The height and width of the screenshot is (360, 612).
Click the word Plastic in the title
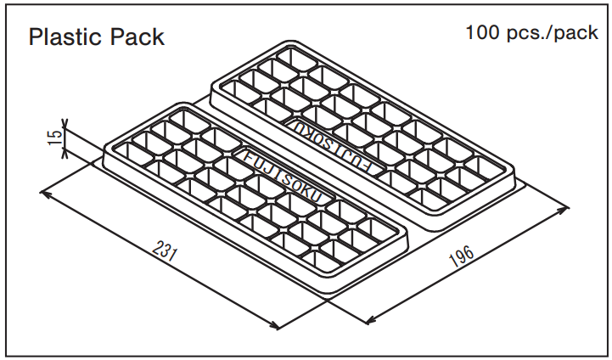pyautogui.click(x=66, y=37)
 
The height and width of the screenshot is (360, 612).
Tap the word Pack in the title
pyautogui.click(x=137, y=37)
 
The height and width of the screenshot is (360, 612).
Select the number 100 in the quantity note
pyautogui.click(x=483, y=32)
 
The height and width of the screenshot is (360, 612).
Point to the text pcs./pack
pyautogui.click(x=553, y=33)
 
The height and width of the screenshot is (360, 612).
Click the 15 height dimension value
pyautogui.click(x=54, y=138)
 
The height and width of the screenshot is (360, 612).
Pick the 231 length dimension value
pyautogui.click(x=165, y=250)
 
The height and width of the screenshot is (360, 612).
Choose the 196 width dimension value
pyautogui.click(x=462, y=256)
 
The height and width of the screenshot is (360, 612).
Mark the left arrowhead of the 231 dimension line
pyautogui.click(x=45, y=194)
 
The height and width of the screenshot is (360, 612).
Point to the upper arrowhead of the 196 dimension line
pyautogui.click(x=563, y=210)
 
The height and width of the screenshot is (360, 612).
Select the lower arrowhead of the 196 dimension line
pyautogui.click(x=370, y=320)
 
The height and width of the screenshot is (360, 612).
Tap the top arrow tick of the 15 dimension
pyautogui.click(x=65, y=124)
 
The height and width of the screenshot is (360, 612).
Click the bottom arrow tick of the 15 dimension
pyautogui.click(x=65, y=154)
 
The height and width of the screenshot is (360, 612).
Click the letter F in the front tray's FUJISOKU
pyautogui.click(x=248, y=157)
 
